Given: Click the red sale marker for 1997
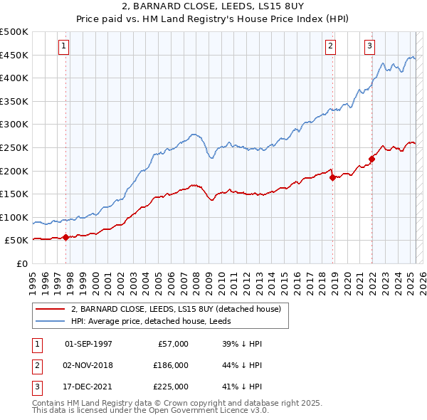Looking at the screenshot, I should coord(66,237).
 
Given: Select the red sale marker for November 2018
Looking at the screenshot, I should coord(332,177).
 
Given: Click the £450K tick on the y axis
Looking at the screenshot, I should coord(14,55).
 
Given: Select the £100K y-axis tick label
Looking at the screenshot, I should coord(14,217).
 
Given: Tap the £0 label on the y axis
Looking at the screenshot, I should coord(21,263).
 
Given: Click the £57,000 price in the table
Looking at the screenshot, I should coord(173,344).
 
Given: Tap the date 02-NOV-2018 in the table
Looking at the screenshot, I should coord(88,365).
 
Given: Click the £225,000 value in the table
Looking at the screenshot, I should coord(171,387).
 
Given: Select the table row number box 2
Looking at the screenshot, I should coord(36,365).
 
